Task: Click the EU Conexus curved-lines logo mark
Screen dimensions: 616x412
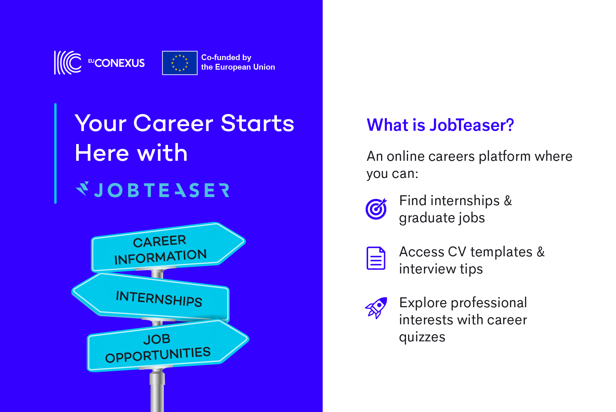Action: pyautogui.click(x=68, y=62)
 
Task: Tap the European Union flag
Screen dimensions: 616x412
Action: pyautogui.click(x=180, y=63)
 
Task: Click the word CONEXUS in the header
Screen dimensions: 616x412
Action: pyautogui.click(x=120, y=63)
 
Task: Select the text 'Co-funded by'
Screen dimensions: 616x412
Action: pyautogui.click(x=226, y=57)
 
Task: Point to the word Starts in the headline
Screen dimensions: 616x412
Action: pyautogui.click(x=257, y=123)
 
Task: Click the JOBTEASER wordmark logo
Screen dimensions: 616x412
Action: pyautogui.click(x=152, y=190)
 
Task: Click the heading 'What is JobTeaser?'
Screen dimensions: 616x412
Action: pyautogui.click(x=440, y=125)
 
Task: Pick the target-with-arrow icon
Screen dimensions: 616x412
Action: pyautogui.click(x=376, y=209)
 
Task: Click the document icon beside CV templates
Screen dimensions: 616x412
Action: pyautogui.click(x=376, y=258)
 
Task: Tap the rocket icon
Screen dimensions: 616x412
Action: pyautogui.click(x=376, y=308)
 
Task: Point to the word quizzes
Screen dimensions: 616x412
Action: pyautogui.click(x=422, y=337)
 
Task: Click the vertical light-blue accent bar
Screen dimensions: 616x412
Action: pyautogui.click(x=55, y=153)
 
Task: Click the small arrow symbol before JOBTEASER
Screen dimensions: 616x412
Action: pyautogui.click(x=82, y=189)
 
